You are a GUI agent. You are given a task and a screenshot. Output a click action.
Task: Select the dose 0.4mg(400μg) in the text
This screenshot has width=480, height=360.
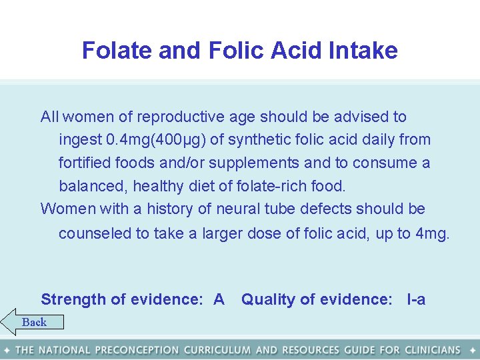coord(156,140)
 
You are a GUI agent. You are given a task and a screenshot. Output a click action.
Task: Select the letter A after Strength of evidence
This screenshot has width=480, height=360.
coord(219,300)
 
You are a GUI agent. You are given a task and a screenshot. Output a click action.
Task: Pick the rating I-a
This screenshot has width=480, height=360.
coord(416,300)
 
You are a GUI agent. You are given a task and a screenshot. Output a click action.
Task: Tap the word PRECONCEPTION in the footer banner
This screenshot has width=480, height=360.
coord(137,350)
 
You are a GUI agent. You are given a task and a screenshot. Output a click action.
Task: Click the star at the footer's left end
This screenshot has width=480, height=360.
coord(7,350)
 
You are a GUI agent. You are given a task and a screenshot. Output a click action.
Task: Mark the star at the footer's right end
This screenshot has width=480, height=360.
coord(473,350)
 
